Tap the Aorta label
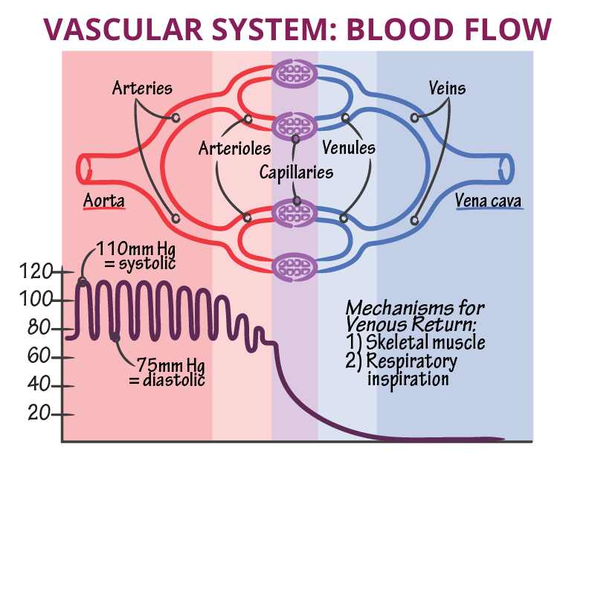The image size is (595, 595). click(x=103, y=201)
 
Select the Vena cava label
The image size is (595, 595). click(x=489, y=201)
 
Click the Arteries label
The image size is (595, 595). click(x=142, y=89)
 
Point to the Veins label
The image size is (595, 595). click(x=447, y=89)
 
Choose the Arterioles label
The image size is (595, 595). click(x=234, y=149)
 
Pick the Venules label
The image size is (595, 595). click(x=348, y=148)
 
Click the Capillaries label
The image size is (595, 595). click(x=296, y=173)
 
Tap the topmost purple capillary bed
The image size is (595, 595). click(x=295, y=73)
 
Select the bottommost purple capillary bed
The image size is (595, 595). click(x=295, y=267)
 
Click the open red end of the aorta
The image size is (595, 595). click(x=83, y=168)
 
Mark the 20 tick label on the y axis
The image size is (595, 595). click(x=39, y=414)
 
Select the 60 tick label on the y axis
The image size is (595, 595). click(x=39, y=357)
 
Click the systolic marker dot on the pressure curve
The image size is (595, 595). click(x=82, y=282)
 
